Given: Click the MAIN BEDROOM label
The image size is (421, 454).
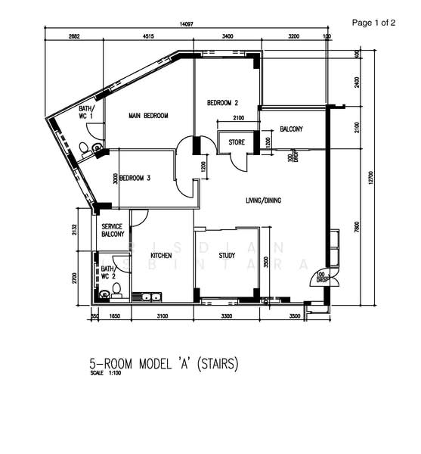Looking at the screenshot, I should pyautogui.click(x=148, y=116).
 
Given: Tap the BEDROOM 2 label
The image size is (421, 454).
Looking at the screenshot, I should pyautogui.click(x=223, y=103).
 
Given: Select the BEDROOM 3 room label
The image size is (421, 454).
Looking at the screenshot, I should pyautogui.click(x=135, y=178).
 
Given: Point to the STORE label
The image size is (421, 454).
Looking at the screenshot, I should pyautogui.click(x=237, y=141).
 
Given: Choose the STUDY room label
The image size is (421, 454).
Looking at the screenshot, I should pyautogui.click(x=227, y=256).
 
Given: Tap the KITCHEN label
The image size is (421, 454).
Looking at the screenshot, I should pyautogui.click(x=161, y=256).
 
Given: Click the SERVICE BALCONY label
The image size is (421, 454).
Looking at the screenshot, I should pyautogui.click(x=113, y=230).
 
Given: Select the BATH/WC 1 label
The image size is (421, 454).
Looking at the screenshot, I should pyautogui.click(x=86, y=113).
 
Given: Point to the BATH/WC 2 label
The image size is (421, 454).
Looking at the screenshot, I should pyautogui.click(x=107, y=272).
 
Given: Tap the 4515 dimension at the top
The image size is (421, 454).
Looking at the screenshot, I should pyautogui.click(x=148, y=36).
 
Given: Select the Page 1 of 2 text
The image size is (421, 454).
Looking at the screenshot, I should pyautogui.click(x=373, y=23).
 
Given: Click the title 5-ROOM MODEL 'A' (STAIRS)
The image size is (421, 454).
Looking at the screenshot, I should pyautogui.click(x=164, y=364).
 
